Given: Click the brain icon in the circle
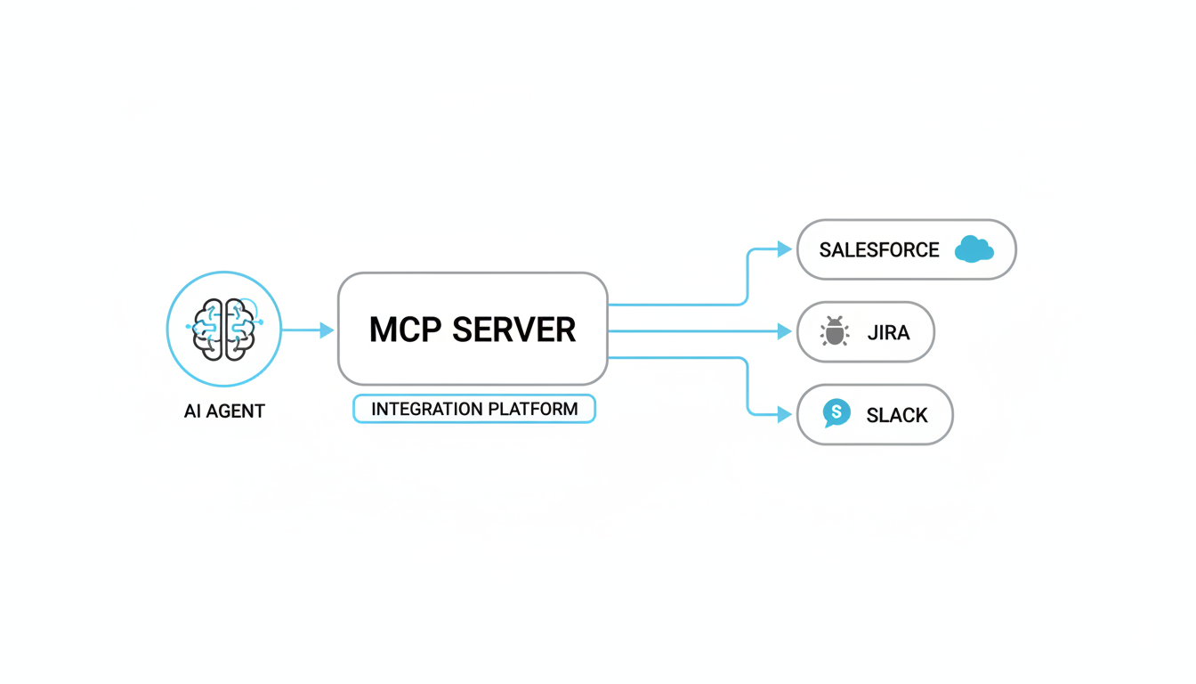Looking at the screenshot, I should pyautogui.click(x=224, y=330).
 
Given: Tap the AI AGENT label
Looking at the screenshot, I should pyautogui.click(x=224, y=411).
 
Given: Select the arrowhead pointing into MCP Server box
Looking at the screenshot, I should pyautogui.click(x=327, y=330).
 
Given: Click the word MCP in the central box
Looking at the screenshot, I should pyautogui.click(x=406, y=330).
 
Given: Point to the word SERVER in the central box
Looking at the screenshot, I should pyautogui.click(x=513, y=330).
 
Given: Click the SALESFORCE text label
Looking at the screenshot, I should pyautogui.click(x=879, y=250).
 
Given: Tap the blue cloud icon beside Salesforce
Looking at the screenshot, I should pyautogui.click(x=973, y=249).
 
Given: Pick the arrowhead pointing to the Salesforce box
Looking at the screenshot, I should pyautogui.click(x=784, y=249).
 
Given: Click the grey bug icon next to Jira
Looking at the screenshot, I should pyautogui.click(x=834, y=331).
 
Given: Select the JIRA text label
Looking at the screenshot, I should pyautogui.click(x=888, y=333).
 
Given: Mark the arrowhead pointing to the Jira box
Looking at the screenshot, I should pyautogui.click(x=784, y=331).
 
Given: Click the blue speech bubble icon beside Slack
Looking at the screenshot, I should pyautogui.click(x=836, y=413).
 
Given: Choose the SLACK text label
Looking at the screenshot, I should pyautogui.click(x=897, y=415).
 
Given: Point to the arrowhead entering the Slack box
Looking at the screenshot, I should pyautogui.click(x=784, y=414).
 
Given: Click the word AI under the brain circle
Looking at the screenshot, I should pyautogui.click(x=193, y=411).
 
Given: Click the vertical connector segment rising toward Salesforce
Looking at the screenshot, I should pyautogui.click(x=747, y=277).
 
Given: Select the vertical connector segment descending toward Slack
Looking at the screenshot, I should pyautogui.click(x=747, y=386).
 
